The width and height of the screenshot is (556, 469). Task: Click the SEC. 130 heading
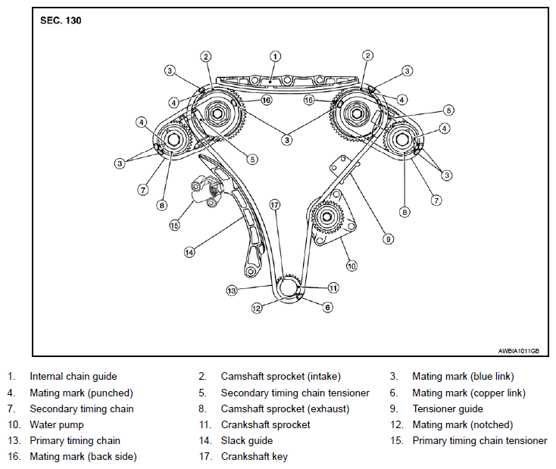point(61,20)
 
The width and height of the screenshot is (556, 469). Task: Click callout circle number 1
point(276,56)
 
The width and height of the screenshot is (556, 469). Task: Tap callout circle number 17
point(275,205)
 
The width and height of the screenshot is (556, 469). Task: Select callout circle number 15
point(174,225)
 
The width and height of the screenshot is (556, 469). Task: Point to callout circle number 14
point(189,252)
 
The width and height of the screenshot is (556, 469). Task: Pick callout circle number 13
point(232,290)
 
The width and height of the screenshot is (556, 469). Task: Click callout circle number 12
point(256,308)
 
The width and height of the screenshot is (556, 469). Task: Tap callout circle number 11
point(333,287)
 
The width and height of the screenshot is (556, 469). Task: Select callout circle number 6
point(328,307)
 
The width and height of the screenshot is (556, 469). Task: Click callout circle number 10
point(351,266)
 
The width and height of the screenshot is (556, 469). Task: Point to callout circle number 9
point(389,239)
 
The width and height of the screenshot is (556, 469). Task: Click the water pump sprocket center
point(327,216)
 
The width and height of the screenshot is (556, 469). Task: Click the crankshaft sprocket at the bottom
point(289,287)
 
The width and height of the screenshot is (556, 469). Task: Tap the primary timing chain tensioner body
point(206,191)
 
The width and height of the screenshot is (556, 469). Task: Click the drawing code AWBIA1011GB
point(518,351)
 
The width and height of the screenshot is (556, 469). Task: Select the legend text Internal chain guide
point(73,376)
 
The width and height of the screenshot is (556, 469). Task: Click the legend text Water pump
point(57,424)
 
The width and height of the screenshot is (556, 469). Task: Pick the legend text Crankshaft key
point(255,457)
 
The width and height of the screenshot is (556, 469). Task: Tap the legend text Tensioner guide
point(448,408)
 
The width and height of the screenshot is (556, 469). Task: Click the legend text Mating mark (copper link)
point(469,393)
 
